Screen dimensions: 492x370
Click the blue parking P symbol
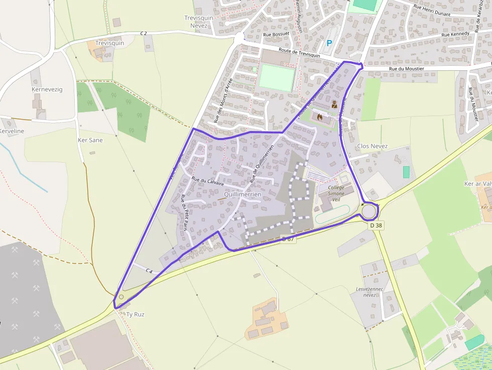pyautogui.click(x=329, y=43)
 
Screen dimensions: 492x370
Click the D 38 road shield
pyautogui.click(x=376, y=225)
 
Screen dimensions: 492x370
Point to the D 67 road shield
pyautogui.click(x=288, y=239)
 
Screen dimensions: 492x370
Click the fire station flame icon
pyautogui.click(x=319, y=117)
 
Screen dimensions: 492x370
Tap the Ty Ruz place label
pyautogui.click(x=135, y=314)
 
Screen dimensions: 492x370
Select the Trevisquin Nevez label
pyautogui.click(x=199, y=22)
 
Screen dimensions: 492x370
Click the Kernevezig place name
pyautogui.click(x=47, y=89)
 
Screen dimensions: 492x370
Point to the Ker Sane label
pyautogui.click(x=90, y=140)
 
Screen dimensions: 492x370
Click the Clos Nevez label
pyautogui.click(x=372, y=146)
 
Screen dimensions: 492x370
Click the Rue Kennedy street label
pyautogui.click(x=455, y=34)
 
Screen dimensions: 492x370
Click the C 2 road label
pyautogui.click(x=144, y=33)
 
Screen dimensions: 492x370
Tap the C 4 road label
pyautogui.click(x=149, y=271)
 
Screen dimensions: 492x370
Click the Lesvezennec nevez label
pyautogui.click(x=370, y=292)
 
